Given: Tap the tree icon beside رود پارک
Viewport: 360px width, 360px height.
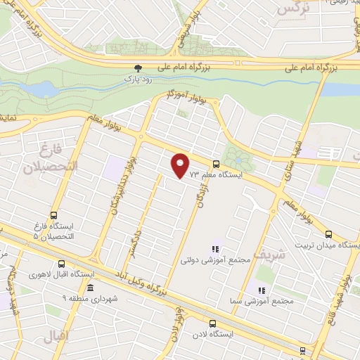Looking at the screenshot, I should pyautogui.click(x=138, y=68).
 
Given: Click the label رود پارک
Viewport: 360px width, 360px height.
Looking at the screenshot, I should pyautogui.click(x=138, y=79).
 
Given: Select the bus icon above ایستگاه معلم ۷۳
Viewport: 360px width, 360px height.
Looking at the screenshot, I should pyautogui.click(x=215, y=165).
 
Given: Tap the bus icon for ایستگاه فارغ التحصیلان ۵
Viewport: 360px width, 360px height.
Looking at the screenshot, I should pyautogui.click(x=53, y=215).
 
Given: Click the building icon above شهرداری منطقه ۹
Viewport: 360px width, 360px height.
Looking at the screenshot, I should pyautogui.click(x=90, y=288).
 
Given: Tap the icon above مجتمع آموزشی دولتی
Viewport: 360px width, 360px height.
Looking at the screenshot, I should pyautogui.click(x=216, y=249).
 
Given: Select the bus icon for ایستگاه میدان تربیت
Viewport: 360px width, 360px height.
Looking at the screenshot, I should pyautogui.click(x=329, y=234).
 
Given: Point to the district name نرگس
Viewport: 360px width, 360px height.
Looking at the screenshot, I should pyautogui.click(x=292, y=8).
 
